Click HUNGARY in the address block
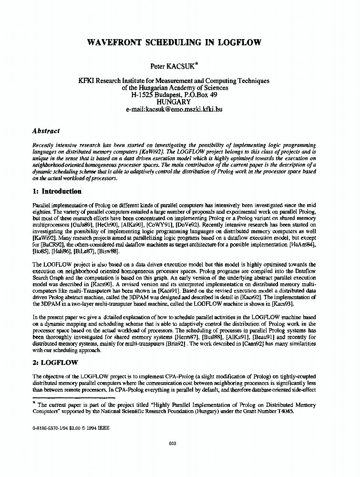point(174,102)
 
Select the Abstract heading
point(46,131)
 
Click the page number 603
point(173,444)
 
